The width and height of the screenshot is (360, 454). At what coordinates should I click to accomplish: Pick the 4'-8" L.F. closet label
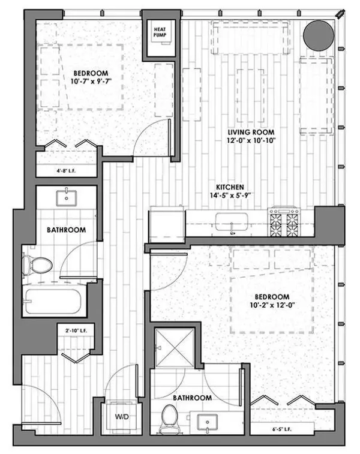(x=66, y=170)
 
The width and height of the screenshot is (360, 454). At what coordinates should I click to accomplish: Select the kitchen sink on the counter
(x=230, y=221)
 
